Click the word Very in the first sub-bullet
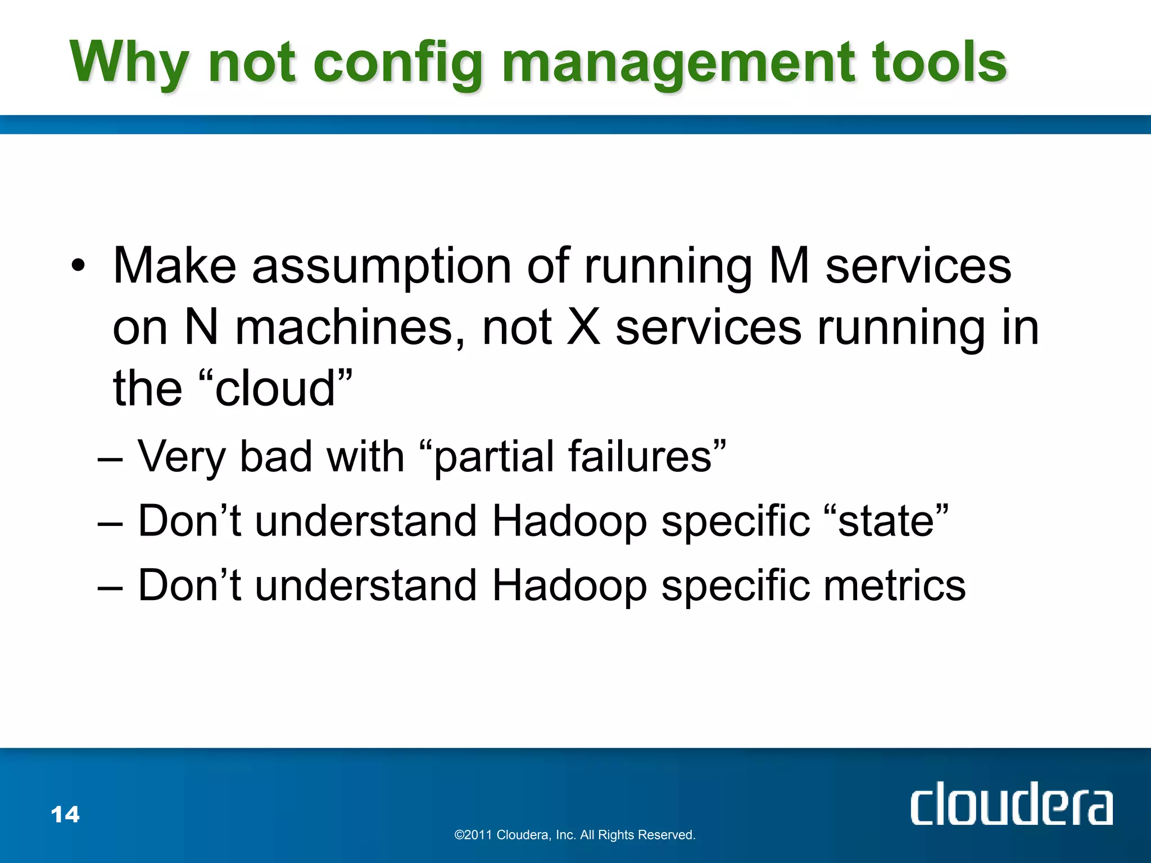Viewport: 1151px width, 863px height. pyautogui.click(x=182, y=456)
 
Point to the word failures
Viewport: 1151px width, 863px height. pyautogui.click(x=640, y=456)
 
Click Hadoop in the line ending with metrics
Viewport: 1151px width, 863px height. pyautogui.click(x=569, y=585)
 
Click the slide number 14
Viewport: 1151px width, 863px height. pyautogui.click(x=65, y=814)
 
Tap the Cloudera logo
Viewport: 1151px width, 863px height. pyautogui.click(x=1011, y=803)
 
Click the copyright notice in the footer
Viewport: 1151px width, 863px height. pyautogui.click(x=575, y=835)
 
